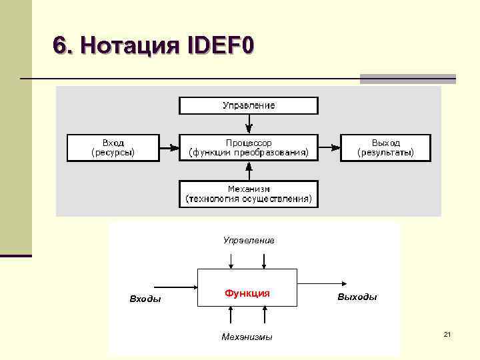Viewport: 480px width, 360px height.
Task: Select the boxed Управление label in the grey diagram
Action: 248,105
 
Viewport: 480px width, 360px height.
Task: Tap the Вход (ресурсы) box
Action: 113,147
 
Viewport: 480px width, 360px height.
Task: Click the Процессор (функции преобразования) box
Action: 248,147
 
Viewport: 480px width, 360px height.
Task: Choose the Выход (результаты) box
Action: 385,147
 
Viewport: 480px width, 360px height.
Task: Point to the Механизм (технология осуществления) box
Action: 248,193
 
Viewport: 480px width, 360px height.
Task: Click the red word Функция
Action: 247,293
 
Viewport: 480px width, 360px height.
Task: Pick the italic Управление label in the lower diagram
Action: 248,240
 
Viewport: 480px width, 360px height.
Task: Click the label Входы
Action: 145,299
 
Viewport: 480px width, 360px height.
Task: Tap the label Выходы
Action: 357,297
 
